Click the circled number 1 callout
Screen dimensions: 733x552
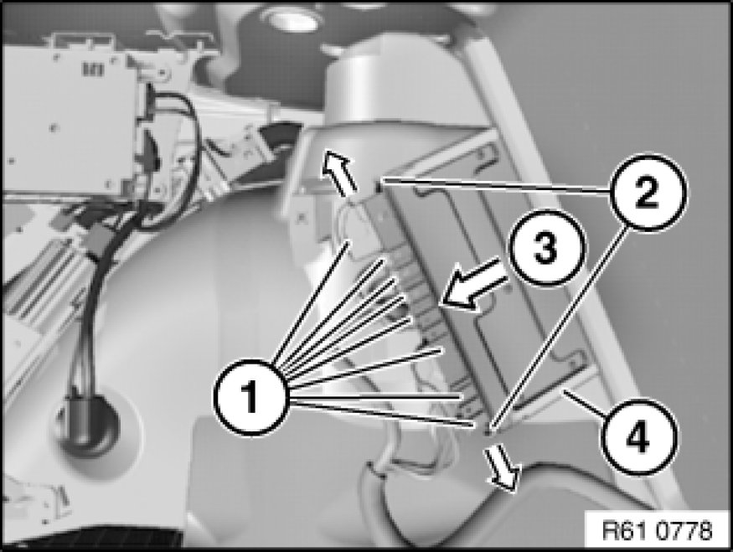(251, 398)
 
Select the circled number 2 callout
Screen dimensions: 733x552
(648, 193)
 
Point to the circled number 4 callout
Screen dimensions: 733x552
(638, 437)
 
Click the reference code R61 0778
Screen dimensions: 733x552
(657, 531)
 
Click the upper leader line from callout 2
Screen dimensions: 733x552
(497, 184)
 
